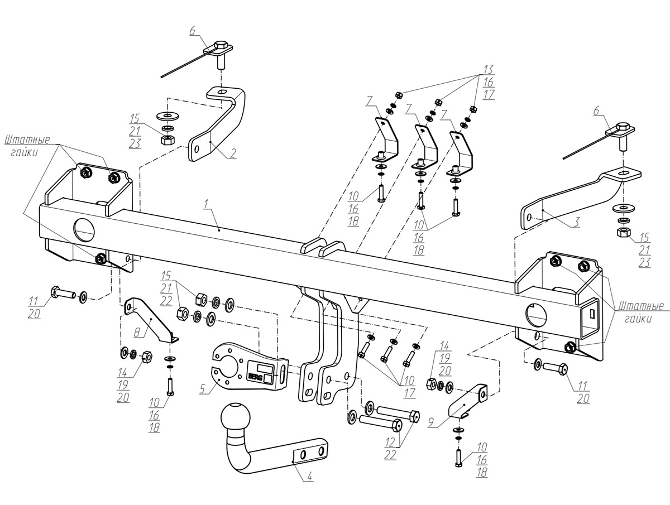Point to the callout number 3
[x=576, y=222]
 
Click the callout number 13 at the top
[x=489, y=70]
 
